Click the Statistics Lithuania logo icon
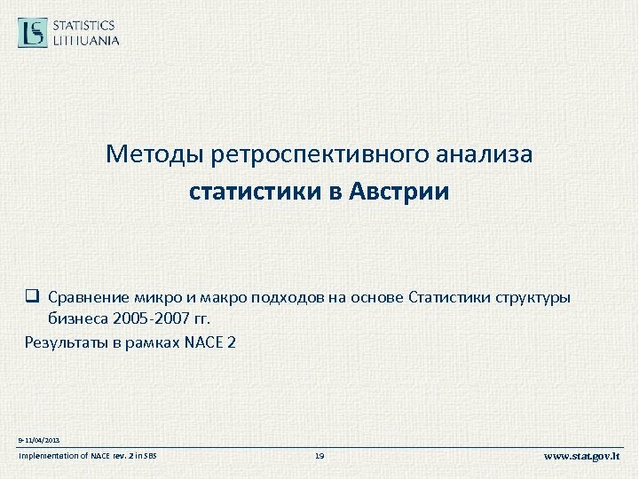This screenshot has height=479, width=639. click(34, 33)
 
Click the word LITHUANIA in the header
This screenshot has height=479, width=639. click(86, 40)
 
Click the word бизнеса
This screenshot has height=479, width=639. click(75, 318)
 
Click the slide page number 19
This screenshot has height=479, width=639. click(319, 456)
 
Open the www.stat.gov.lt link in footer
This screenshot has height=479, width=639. click(581, 456)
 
